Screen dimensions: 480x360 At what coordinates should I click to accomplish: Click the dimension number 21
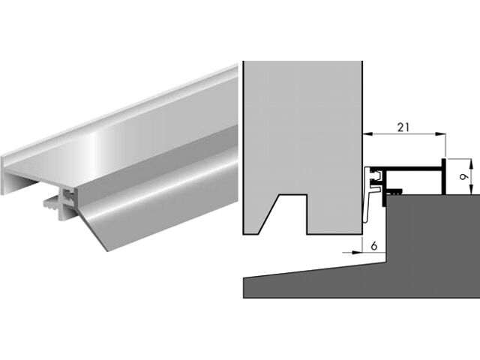(x=403, y=127)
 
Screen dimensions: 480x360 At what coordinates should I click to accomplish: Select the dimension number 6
(x=373, y=246)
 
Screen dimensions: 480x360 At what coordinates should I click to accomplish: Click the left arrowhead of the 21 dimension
(x=367, y=133)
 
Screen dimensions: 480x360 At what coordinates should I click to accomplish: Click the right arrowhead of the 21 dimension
(x=441, y=133)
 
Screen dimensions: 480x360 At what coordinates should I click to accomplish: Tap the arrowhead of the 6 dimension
(x=357, y=253)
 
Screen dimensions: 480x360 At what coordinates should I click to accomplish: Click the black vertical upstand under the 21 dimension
(x=443, y=177)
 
